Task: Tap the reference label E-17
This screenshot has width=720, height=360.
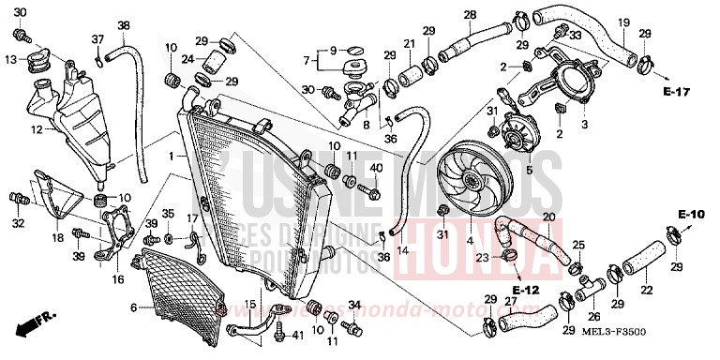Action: (x=674, y=92)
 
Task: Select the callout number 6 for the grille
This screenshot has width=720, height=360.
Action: (x=133, y=307)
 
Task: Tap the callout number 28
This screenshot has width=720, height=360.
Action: (x=469, y=14)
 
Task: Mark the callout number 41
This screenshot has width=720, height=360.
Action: (x=297, y=335)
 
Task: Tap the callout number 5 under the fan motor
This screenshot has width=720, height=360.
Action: (x=529, y=171)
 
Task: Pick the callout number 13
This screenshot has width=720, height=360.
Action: (x=10, y=59)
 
